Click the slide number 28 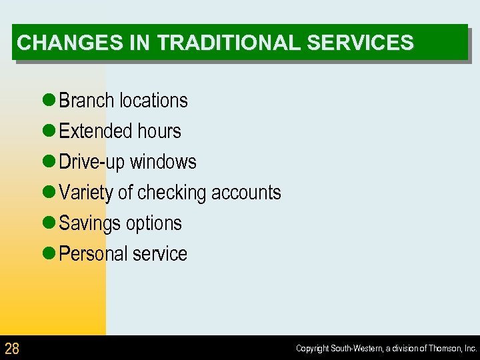tap(12, 348)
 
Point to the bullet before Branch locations tap(48, 101)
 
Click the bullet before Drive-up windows tap(48, 162)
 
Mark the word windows tap(163, 162)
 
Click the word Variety tap(86, 193)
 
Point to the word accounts tap(246, 193)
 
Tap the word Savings tap(87, 223)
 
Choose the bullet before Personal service tap(48, 254)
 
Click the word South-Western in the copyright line tap(357, 349)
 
